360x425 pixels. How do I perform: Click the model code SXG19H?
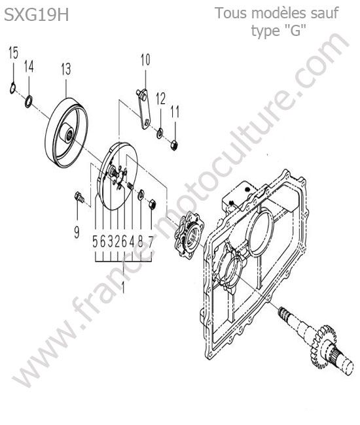(x=37, y=15)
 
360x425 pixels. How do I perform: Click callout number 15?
(x=13, y=52)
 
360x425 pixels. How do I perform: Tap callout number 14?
(x=29, y=67)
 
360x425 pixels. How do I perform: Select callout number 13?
(x=66, y=69)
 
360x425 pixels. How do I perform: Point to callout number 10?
(x=145, y=60)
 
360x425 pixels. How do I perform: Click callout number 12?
(x=160, y=99)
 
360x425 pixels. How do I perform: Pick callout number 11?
(x=175, y=112)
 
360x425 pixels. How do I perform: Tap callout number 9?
(x=77, y=232)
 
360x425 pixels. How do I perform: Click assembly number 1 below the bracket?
(x=124, y=287)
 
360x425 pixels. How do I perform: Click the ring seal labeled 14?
(x=29, y=101)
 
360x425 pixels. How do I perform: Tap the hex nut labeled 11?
(x=174, y=144)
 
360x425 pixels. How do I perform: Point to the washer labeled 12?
(x=160, y=133)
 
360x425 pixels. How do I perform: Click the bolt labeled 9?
(x=79, y=197)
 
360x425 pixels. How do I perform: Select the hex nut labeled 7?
(x=153, y=204)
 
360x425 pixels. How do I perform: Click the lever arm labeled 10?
(x=143, y=109)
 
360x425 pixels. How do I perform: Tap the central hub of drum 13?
(x=68, y=133)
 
